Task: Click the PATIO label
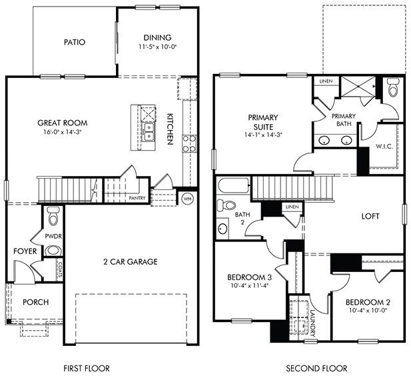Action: pyautogui.click(x=75, y=42)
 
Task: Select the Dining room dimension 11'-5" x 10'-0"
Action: pyautogui.click(x=157, y=47)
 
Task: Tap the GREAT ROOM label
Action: pyautogui.click(x=63, y=123)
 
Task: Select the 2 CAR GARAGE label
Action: pyautogui.click(x=130, y=261)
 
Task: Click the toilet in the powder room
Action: pyautogui.click(x=54, y=215)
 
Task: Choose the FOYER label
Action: pyautogui.click(x=25, y=251)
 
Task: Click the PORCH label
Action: pyautogui.click(x=35, y=302)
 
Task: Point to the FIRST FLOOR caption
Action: pyautogui.click(x=86, y=368)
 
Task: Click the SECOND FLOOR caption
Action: pyautogui.click(x=316, y=368)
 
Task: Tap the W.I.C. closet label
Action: pyautogui.click(x=383, y=146)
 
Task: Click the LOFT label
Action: pyautogui.click(x=370, y=216)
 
